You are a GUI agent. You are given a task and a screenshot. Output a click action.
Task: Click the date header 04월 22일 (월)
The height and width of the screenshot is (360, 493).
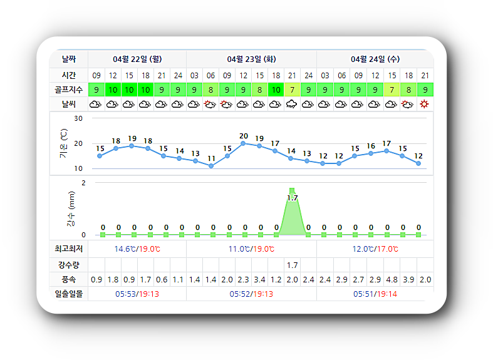[137, 59]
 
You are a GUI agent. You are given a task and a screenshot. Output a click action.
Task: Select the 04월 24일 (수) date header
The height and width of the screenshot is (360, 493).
[375, 59]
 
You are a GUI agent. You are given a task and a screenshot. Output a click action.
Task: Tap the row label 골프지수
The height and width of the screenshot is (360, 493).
[68, 90]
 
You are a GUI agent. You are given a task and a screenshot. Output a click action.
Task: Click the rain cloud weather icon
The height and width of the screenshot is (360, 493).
[292, 105]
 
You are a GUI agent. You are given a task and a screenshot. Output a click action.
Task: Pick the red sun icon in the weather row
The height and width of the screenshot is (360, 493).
[425, 104]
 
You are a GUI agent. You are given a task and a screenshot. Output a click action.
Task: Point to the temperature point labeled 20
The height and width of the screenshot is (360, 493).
[243, 143]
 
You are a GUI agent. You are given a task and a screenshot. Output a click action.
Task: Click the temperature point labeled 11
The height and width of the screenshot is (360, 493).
[211, 166]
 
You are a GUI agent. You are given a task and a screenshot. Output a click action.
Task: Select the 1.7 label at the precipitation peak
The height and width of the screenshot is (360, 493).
[292, 198]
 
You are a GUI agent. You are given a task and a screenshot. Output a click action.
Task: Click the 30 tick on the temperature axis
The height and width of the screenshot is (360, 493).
[78, 118]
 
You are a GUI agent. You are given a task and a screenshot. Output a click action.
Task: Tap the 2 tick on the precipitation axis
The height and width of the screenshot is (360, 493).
[83, 183]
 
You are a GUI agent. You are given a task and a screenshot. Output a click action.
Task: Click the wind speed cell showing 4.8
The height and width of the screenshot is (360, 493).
[392, 280]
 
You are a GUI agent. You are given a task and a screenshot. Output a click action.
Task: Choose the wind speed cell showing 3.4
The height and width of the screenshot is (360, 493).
[259, 280]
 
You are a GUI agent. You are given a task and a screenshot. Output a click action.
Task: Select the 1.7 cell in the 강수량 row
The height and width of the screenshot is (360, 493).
[292, 265]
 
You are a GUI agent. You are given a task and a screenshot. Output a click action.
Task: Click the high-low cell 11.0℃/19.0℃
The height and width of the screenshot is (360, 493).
[251, 249]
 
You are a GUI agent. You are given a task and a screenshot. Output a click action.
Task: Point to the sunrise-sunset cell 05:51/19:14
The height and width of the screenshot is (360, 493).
[375, 294]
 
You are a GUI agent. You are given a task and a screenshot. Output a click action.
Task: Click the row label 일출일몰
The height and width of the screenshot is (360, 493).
[68, 294]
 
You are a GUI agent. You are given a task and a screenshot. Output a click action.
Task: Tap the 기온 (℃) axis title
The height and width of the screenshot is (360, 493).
[63, 143]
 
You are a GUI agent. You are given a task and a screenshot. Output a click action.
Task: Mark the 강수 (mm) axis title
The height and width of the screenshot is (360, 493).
[71, 208]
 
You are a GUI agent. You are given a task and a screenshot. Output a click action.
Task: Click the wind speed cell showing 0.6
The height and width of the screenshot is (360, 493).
[162, 280]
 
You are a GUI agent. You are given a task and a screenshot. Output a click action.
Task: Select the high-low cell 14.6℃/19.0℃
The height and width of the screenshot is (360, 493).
[137, 249]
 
